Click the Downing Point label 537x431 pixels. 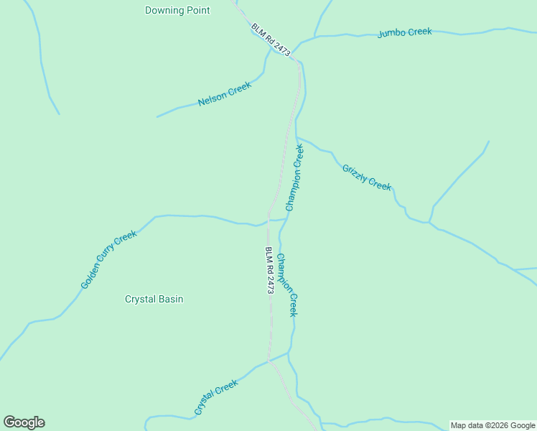(x=177, y=11)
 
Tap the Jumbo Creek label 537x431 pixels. (x=404, y=32)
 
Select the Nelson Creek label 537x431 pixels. (x=225, y=94)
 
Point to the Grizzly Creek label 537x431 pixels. (x=367, y=177)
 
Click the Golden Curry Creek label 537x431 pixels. (x=108, y=259)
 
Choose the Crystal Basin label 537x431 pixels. (x=154, y=299)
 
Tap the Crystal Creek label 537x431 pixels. (x=215, y=397)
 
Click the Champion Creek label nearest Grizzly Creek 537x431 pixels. (x=295, y=177)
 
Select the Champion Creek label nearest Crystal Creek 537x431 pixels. (x=287, y=285)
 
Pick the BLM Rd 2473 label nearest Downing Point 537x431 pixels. (x=271, y=40)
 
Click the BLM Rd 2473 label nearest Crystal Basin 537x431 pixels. (x=270, y=270)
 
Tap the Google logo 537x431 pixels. (x=24, y=422)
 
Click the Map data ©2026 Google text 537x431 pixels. (x=492, y=425)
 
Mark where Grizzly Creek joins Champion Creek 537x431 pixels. (x=296, y=136)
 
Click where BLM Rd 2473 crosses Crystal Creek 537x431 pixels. (x=270, y=361)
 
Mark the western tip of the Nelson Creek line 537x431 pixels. (x=157, y=116)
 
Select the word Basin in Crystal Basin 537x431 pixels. (x=170, y=299)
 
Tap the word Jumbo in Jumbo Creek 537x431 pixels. (x=391, y=33)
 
